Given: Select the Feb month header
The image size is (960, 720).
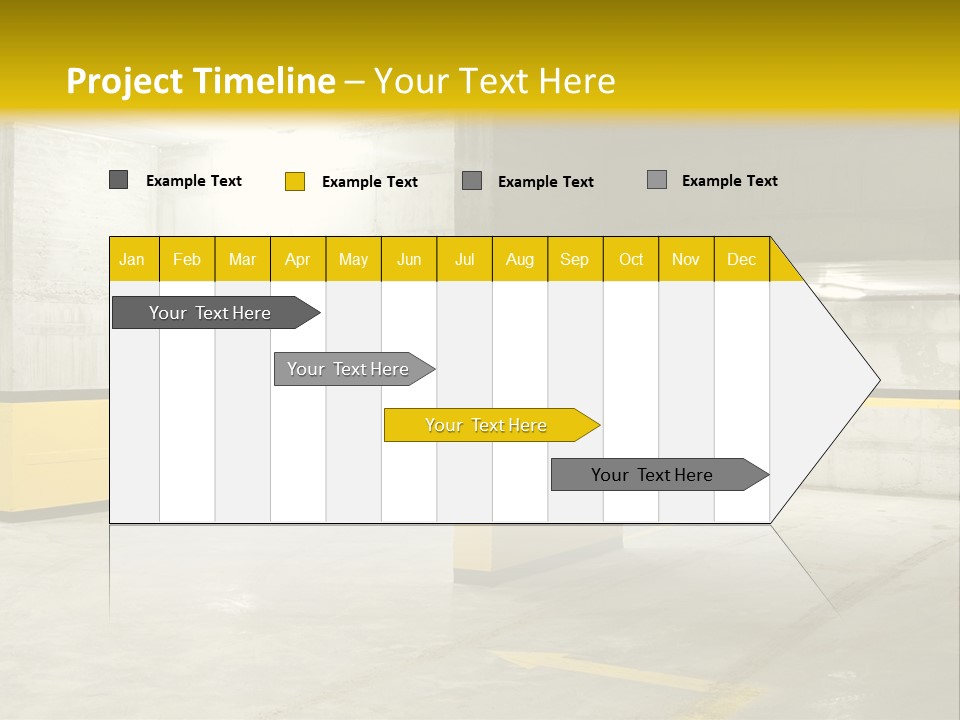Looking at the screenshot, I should click(x=187, y=259).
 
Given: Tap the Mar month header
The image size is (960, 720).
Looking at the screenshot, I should click(x=242, y=259).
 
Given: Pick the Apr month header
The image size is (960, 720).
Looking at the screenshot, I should click(x=298, y=259).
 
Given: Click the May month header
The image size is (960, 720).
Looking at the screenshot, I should click(x=353, y=259).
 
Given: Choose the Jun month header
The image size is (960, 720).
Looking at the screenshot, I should click(x=409, y=259).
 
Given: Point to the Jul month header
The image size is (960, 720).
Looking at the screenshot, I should click(x=465, y=259).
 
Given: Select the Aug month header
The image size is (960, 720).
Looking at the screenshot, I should click(x=520, y=259).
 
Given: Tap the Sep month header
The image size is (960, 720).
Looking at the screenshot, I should click(x=575, y=259).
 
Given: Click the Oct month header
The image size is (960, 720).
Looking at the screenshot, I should click(x=631, y=259).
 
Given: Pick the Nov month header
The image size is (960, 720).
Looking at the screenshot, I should click(x=686, y=259).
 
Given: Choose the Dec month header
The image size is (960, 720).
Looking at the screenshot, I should click(x=742, y=259).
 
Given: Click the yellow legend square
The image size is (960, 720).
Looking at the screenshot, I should click(x=295, y=181).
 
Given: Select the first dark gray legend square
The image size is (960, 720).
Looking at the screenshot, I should click(x=119, y=180).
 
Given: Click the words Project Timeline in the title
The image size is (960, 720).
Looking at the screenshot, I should click(x=201, y=81).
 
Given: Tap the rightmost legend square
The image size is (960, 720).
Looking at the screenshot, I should click(x=657, y=180).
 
